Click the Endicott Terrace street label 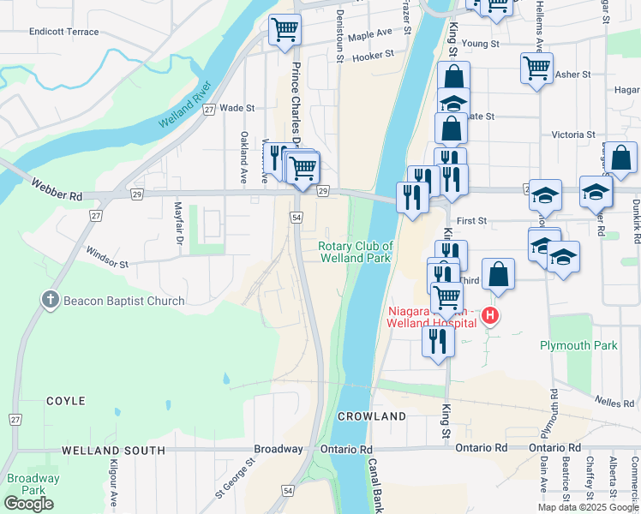[63, 31]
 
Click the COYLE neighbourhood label [66, 401]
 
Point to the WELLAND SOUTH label [113, 450]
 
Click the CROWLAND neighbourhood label [371, 416]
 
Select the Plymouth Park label [578, 345]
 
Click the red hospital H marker [490, 316]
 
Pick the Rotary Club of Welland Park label [356, 252]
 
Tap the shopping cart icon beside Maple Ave [285, 31]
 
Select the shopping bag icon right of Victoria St [622, 158]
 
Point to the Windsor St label [106, 258]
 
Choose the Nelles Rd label [616, 401]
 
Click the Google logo [29, 504]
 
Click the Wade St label [237, 109]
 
